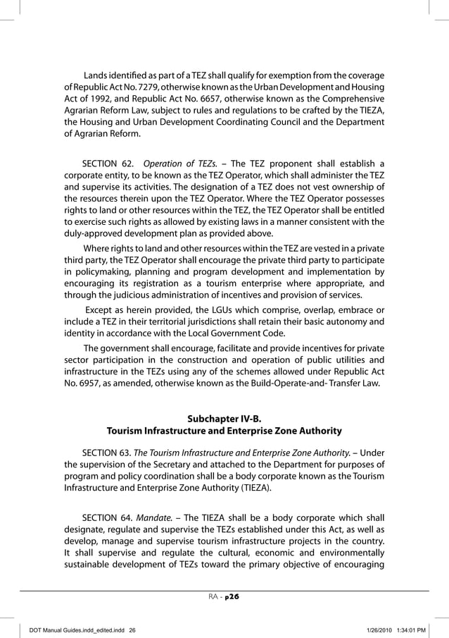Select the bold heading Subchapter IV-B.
[224, 416]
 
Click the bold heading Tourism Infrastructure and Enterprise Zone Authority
[224, 429]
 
